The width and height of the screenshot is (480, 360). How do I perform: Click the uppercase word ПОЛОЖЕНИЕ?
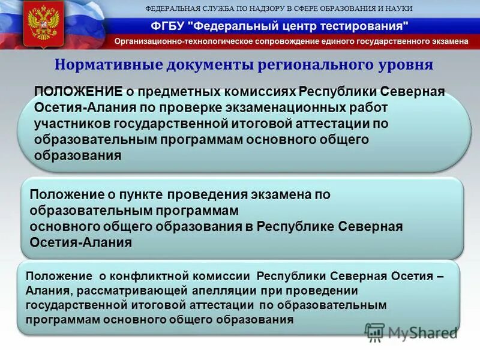coord(79,91)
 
